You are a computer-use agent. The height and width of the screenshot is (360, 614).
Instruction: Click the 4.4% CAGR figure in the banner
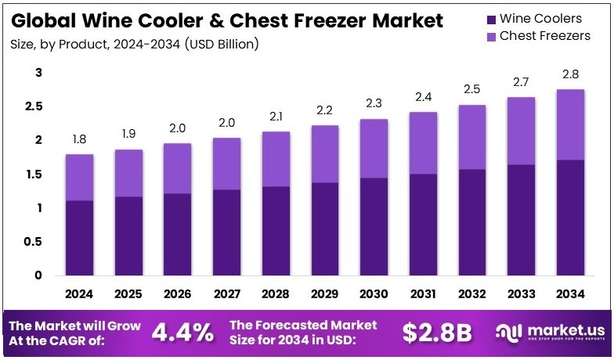click(182, 332)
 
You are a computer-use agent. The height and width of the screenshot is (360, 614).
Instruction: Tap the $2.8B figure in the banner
click(438, 332)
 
